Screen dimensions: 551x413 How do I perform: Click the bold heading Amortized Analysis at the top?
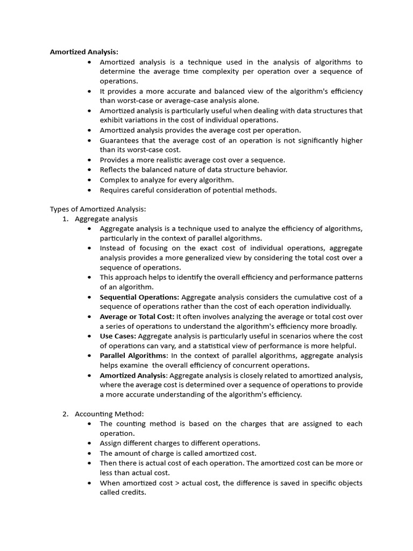(84, 52)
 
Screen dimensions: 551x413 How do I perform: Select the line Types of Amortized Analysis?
(98, 209)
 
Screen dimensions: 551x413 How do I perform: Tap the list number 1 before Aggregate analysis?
(66, 218)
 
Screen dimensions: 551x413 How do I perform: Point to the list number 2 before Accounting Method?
(66, 414)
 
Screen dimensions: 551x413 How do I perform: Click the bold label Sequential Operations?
(139, 297)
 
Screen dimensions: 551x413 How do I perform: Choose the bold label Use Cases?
(118, 336)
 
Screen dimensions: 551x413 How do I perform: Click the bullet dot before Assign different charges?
(89, 443)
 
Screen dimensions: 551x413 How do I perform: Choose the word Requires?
(115, 189)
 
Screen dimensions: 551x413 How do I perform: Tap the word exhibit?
(112, 121)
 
